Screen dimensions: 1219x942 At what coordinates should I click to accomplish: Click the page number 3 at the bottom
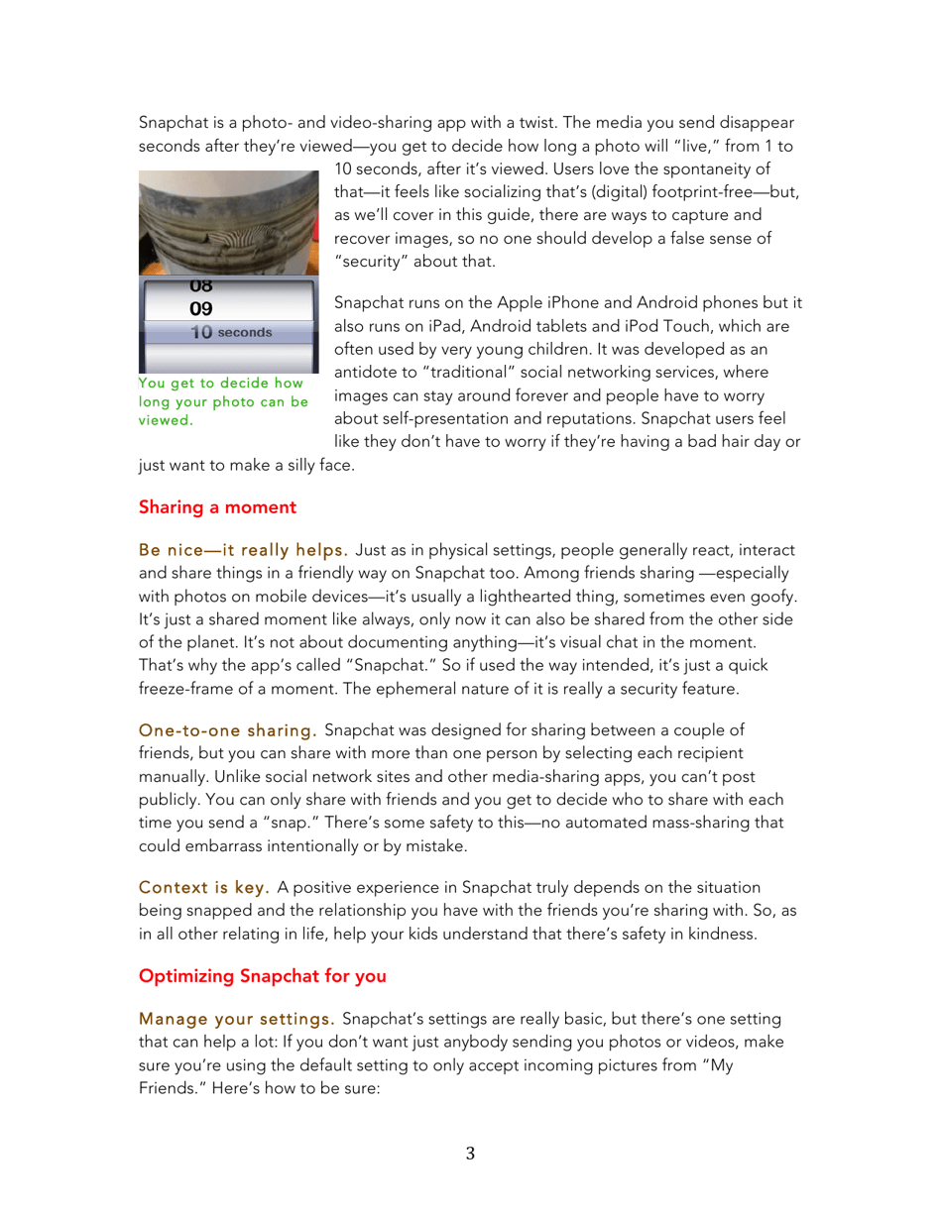click(470, 1154)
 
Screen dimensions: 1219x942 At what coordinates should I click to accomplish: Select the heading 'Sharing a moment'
click(217, 507)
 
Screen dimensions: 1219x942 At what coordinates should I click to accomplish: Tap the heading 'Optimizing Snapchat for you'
click(262, 976)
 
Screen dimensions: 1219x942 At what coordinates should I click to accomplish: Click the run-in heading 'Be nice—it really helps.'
click(242, 549)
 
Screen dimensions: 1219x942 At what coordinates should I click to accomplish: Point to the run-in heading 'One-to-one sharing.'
click(227, 731)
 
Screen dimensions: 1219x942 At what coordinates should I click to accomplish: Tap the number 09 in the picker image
click(201, 308)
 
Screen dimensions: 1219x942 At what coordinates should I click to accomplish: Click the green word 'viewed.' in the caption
click(166, 419)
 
